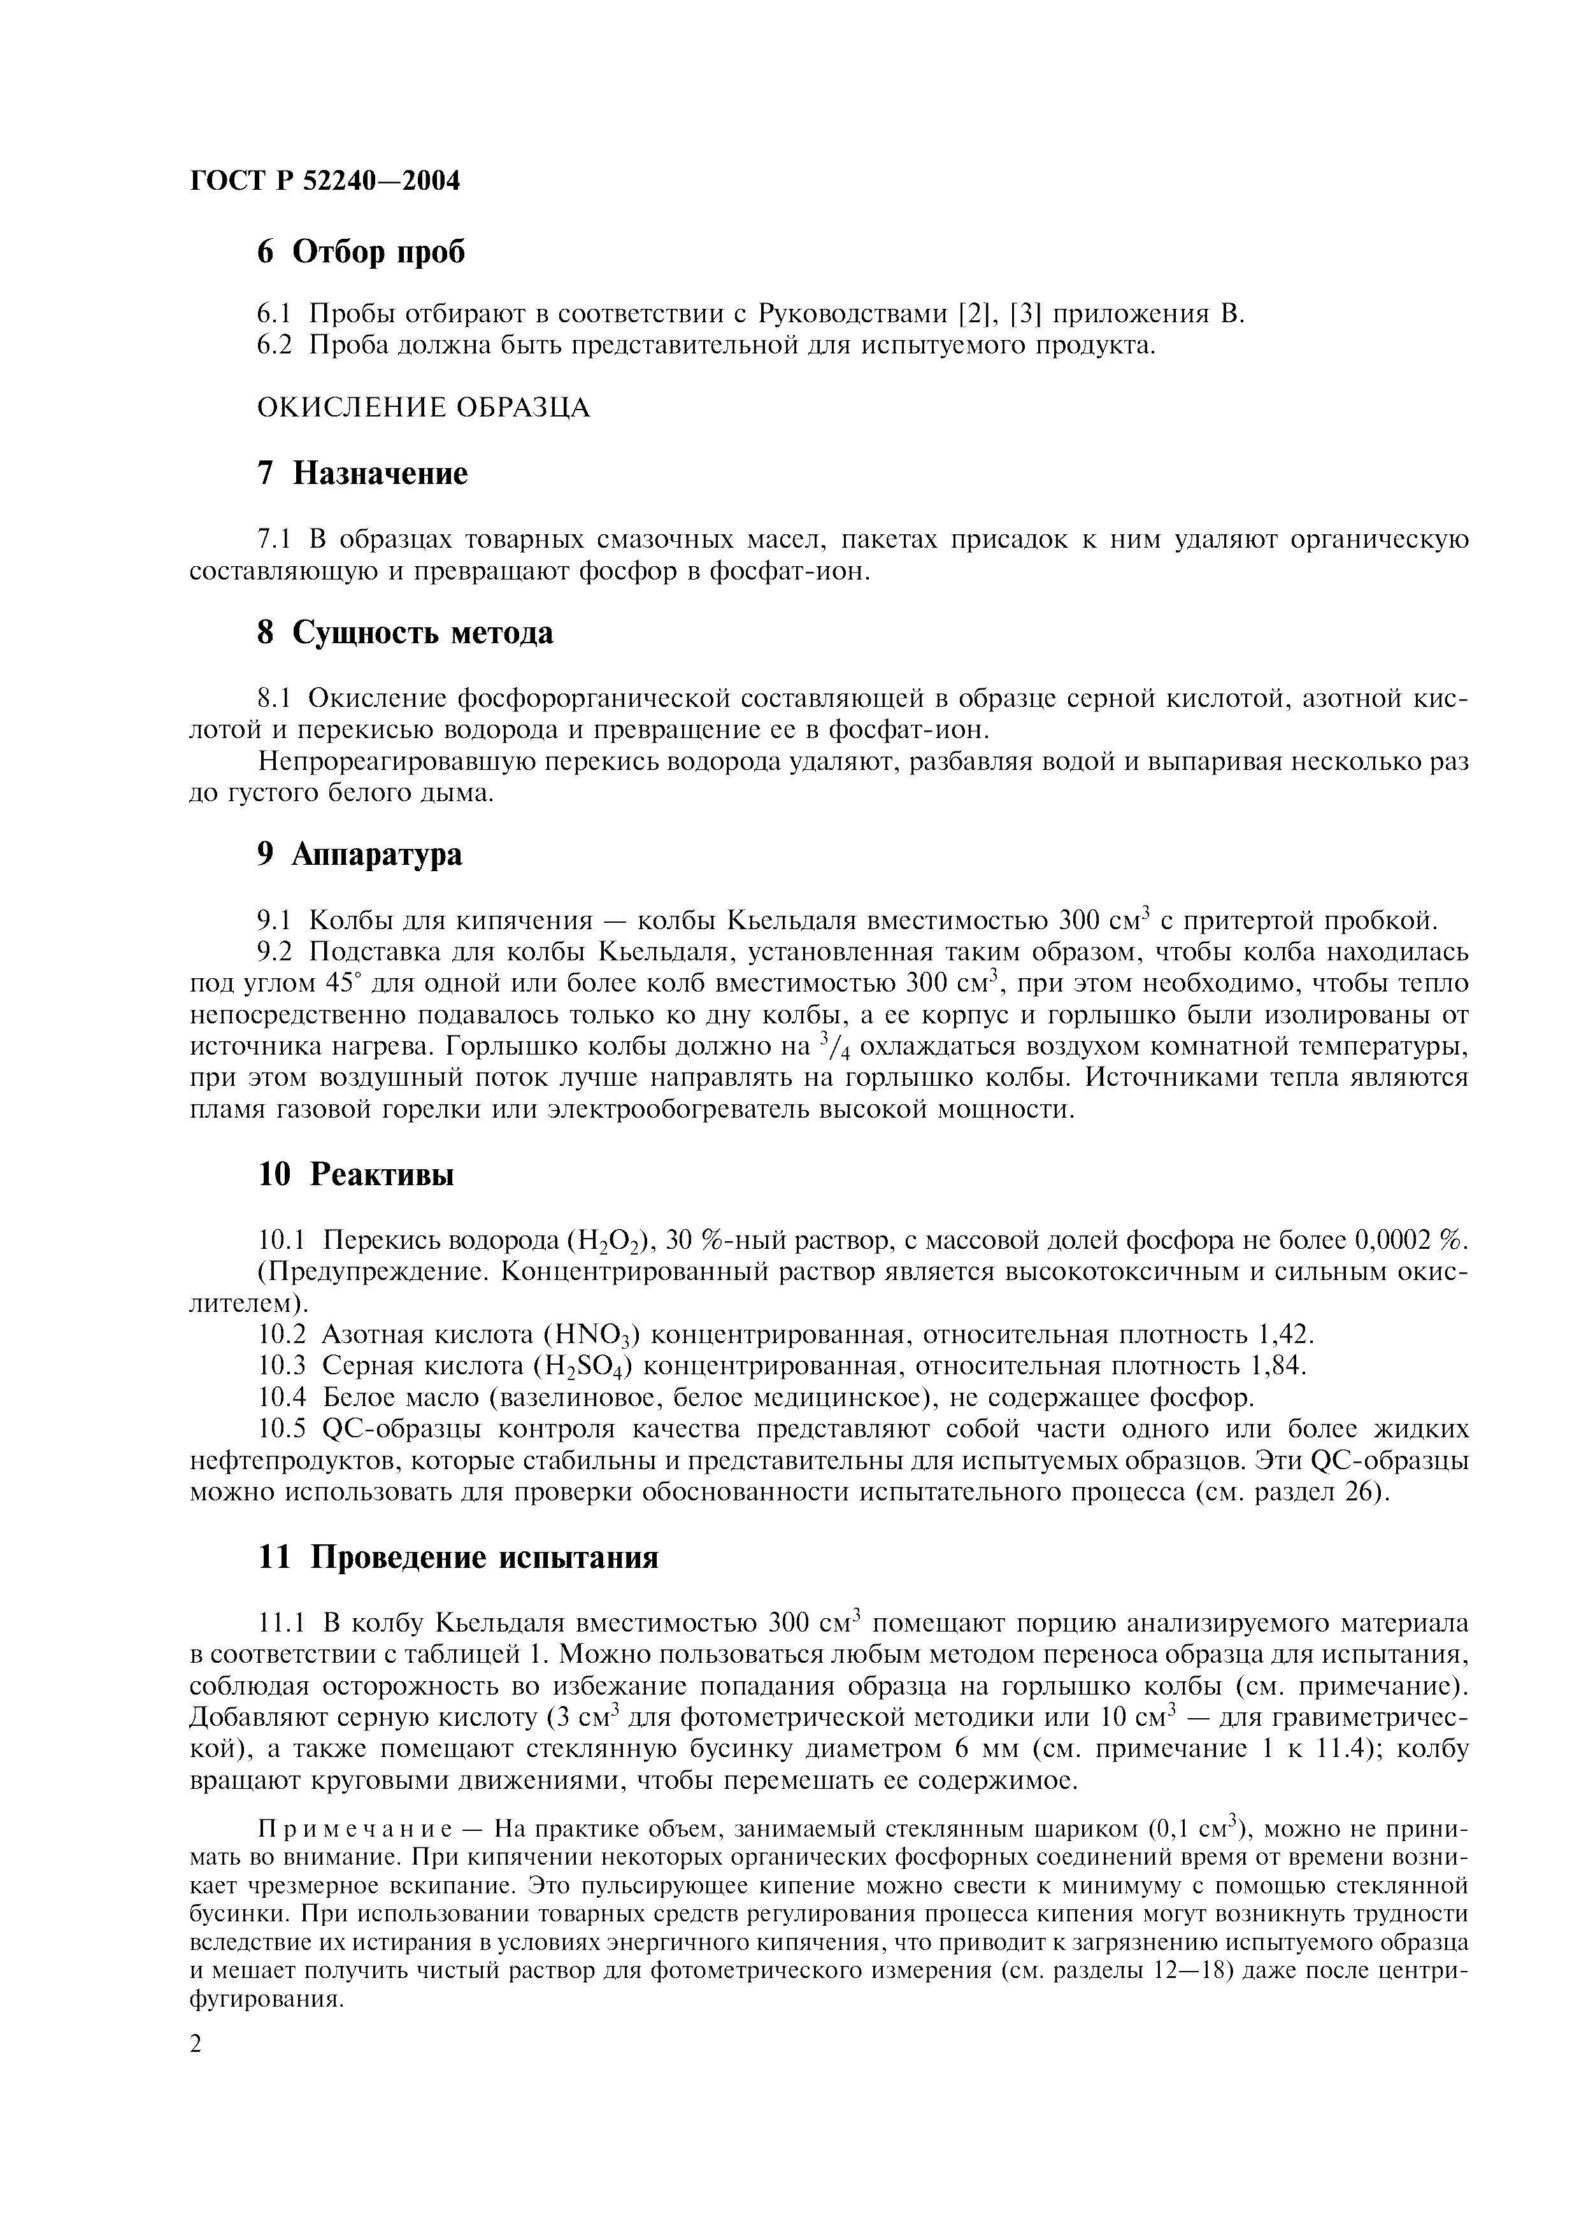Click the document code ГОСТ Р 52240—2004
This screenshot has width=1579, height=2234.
click(x=324, y=181)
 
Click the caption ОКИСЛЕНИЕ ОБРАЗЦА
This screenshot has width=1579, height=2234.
click(x=423, y=407)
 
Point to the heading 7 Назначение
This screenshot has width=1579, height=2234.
click(x=362, y=474)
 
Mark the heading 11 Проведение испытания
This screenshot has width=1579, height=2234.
click(x=457, y=1558)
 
